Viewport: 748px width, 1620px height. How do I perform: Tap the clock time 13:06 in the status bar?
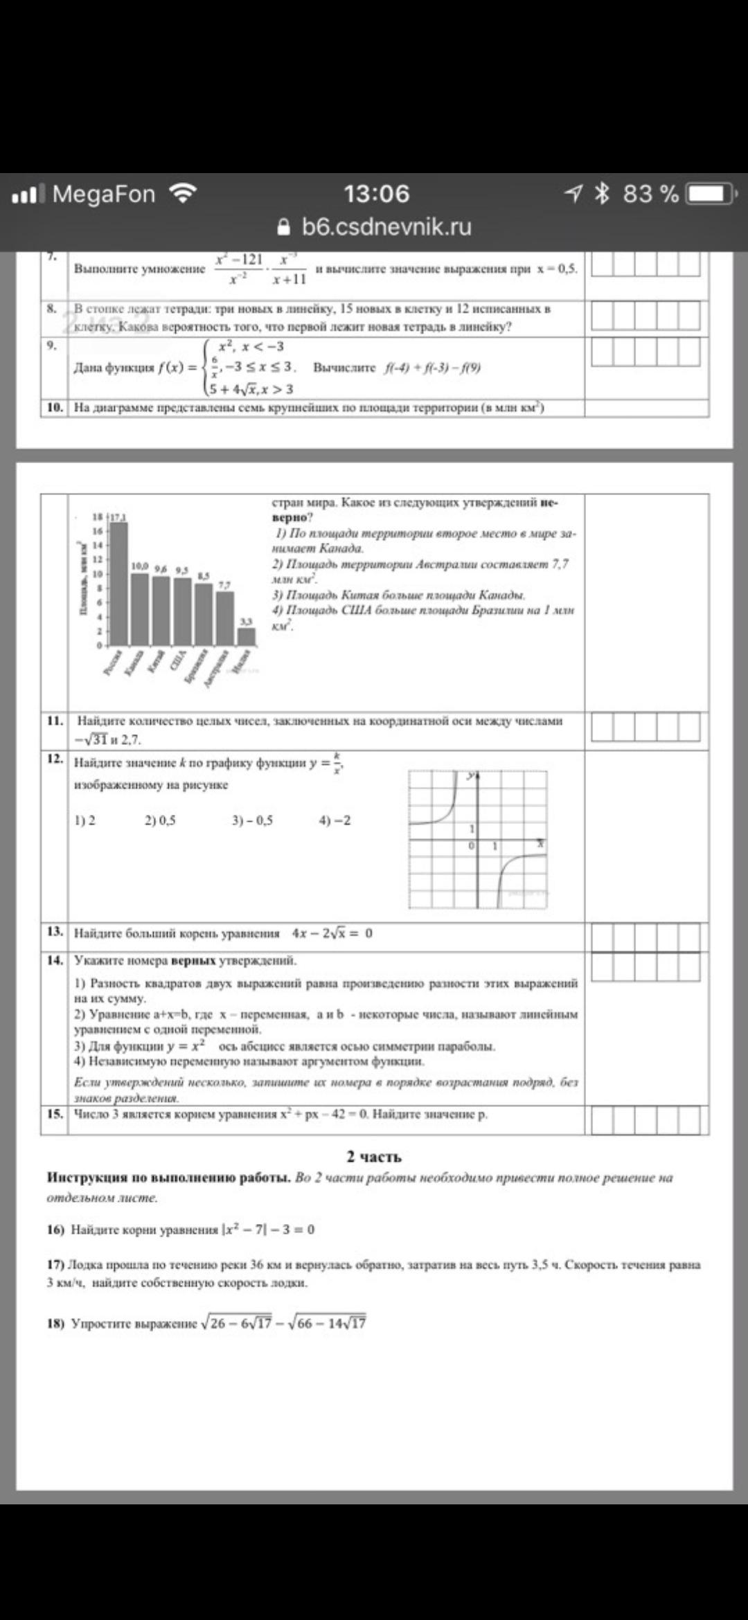377,194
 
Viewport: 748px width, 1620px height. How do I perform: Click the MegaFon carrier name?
104,194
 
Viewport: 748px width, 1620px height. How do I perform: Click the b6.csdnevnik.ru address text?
386,227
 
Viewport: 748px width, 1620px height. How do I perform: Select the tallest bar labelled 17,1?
119,582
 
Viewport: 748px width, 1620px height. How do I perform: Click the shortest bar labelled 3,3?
247,636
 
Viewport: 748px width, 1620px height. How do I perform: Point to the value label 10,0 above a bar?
141,566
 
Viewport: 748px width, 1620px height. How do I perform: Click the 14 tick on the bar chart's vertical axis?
98,546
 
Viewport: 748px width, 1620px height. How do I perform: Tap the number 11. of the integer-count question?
55,721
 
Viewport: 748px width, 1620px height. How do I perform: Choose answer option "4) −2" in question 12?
335,820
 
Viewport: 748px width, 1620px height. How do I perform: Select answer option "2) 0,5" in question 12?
160,820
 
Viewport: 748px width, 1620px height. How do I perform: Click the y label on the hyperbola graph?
470,776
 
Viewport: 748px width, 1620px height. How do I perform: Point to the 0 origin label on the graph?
471,845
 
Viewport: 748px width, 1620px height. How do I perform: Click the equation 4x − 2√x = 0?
332,933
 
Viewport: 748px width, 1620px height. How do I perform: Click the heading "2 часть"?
374,1157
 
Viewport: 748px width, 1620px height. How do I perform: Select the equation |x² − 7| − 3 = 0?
268,1230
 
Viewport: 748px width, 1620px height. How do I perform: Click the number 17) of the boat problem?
55,1264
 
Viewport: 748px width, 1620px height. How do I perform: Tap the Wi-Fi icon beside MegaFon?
184,194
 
